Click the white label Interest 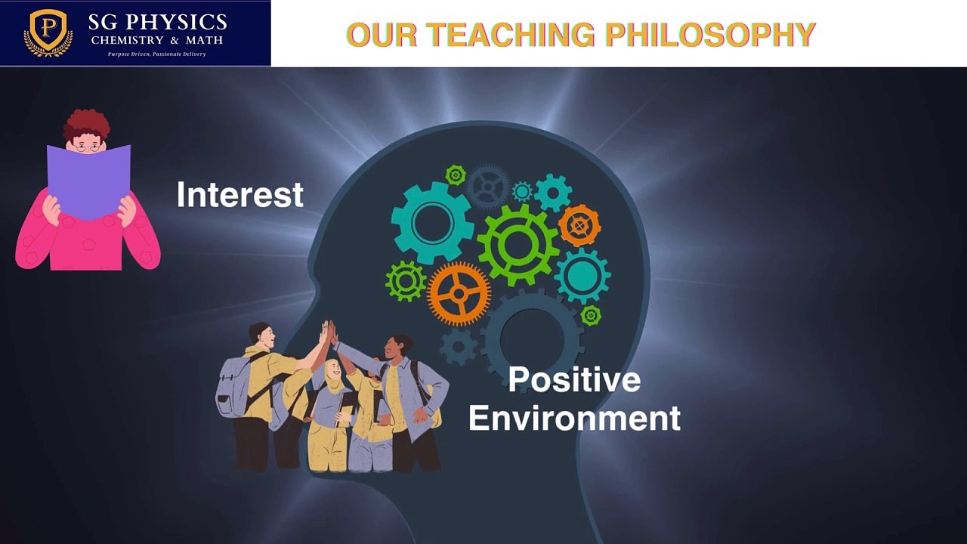[239, 195]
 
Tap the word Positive [574, 379]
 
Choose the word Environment [574, 419]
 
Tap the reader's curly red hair [86, 123]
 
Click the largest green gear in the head [518, 244]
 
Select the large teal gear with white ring [432, 223]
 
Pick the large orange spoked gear [459, 293]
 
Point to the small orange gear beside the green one [579, 225]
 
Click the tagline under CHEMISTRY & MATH [156, 54]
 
